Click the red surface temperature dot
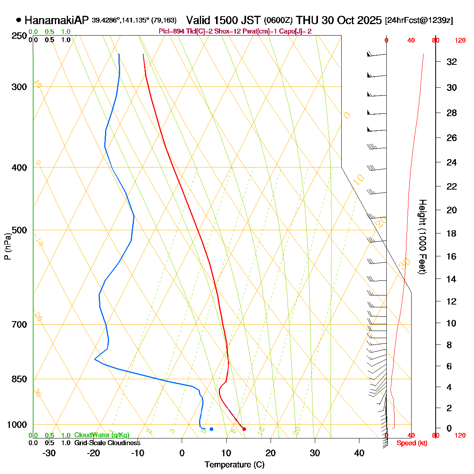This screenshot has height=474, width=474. pyautogui.click(x=244, y=429)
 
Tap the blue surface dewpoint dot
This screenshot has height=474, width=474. pyautogui.click(x=212, y=429)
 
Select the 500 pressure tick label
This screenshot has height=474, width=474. pyautogui.click(x=19, y=230)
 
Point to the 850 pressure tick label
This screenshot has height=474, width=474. pyautogui.click(x=19, y=379)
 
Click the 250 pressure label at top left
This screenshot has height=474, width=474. pyautogui.click(x=19, y=36)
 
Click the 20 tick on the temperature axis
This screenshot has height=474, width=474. pyautogui.click(x=271, y=453)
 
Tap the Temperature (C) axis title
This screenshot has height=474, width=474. pyautogui.click(x=235, y=465)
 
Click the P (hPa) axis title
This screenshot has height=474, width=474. pyautogui.click(x=7, y=246)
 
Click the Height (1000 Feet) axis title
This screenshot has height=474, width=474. pyautogui.click(x=422, y=237)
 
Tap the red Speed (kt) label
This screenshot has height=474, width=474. pyautogui.click(x=412, y=443)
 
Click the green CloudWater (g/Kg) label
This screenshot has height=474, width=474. pyautogui.click(x=102, y=435)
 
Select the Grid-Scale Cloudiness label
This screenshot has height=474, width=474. pyautogui.click(x=107, y=443)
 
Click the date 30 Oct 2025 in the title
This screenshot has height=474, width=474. pyautogui.click(x=351, y=20)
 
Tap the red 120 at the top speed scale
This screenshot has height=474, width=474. pyautogui.click(x=460, y=40)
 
